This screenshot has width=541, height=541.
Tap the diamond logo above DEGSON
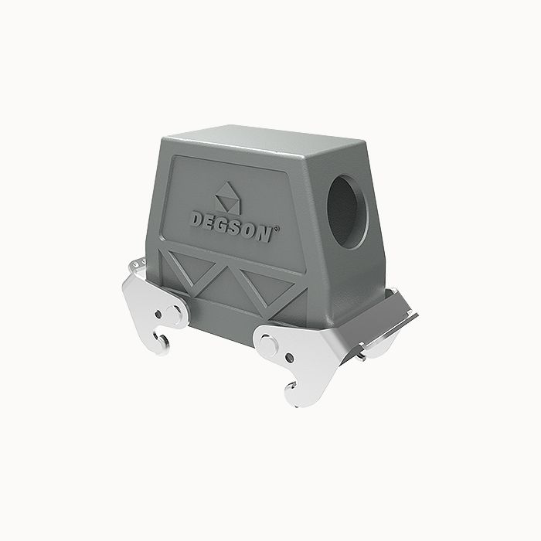click(227, 196)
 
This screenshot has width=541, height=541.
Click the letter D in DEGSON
click(199, 219)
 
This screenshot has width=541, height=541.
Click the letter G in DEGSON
click(223, 224)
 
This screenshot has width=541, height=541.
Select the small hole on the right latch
click(288, 359)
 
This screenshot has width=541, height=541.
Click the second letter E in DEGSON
click(211, 221)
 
